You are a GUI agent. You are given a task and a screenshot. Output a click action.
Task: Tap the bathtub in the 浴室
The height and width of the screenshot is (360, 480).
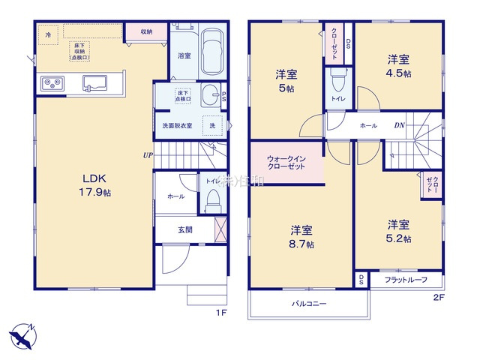[x=215, y=52]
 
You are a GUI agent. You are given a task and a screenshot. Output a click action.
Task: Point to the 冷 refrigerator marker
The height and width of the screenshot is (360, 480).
[x=49, y=34]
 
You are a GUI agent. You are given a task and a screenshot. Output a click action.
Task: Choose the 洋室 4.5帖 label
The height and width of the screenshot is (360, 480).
[x=397, y=65]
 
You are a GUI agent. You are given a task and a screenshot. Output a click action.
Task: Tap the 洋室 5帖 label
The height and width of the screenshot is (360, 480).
[x=286, y=80]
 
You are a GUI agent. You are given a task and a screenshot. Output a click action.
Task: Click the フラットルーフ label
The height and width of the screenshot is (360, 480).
[x=406, y=280]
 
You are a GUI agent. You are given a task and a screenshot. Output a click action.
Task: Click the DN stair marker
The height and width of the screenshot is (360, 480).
[x=400, y=125]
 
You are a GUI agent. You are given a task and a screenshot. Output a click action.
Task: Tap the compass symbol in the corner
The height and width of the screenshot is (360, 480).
[x=22, y=332]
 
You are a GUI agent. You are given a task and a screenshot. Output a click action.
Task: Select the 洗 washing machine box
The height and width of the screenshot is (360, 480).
[x=214, y=125]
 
